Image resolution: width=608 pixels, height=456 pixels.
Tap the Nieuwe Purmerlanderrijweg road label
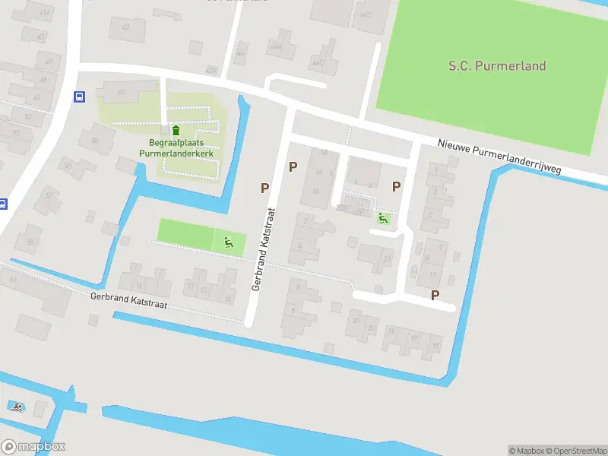[x=500, y=157]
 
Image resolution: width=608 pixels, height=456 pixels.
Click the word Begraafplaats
[x=176, y=143]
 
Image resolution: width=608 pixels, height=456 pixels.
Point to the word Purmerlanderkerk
[x=176, y=153]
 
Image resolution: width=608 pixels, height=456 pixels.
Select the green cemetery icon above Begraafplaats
[x=176, y=131]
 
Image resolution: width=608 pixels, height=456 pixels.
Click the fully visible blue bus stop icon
[x=78, y=97]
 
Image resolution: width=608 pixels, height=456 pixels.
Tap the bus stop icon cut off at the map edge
[x=2, y=204]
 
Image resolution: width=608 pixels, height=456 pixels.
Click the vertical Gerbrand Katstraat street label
[x=262, y=251]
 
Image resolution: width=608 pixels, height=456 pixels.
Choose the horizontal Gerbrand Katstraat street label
[x=128, y=302]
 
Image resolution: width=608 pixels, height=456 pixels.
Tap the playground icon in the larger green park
[x=228, y=243]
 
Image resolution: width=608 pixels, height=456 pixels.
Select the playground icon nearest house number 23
[x=383, y=219]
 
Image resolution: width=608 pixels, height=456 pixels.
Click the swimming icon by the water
[x=15, y=407]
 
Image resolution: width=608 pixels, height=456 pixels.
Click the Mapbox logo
[x=33, y=447]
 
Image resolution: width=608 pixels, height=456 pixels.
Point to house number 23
[x=387, y=258]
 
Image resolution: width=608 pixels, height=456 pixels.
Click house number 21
[x=356, y=321]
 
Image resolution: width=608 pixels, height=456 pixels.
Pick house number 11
[x=432, y=274]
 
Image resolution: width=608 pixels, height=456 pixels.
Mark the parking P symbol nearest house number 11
[x=435, y=295]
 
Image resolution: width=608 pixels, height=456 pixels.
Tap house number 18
[x=315, y=191]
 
